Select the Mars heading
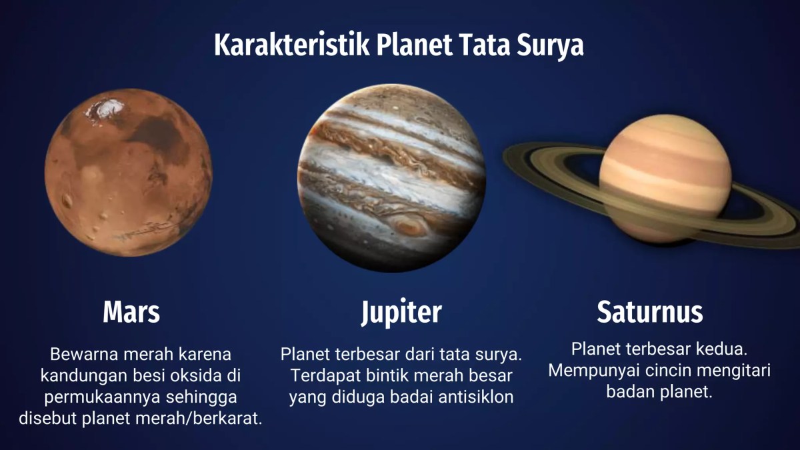click(131, 312)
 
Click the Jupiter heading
click(401, 312)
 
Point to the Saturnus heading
click(649, 312)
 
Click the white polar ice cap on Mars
click(107, 109)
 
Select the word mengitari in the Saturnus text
click(733, 370)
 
